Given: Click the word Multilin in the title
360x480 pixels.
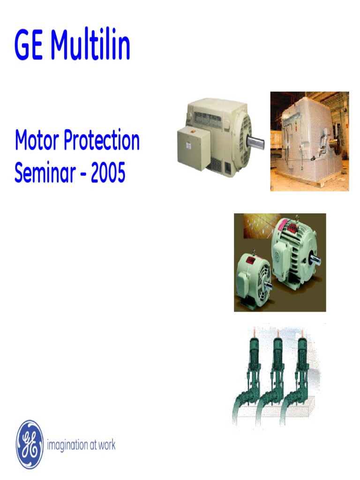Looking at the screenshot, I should pyautogui.click(x=90, y=45).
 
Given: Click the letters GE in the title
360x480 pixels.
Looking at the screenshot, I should pyautogui.click(x=30, y=45).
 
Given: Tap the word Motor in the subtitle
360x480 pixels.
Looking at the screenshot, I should pyautogui.click(x=36, y=140).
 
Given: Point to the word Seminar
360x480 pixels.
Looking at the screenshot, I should pyautogui.click(x=44, y=173).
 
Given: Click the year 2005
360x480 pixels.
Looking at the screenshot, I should pyautogui.click(x=108, y=173).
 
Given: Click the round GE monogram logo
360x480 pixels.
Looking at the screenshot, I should pyautogui.click(x=30, y=444).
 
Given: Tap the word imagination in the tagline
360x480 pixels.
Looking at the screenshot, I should pyautogui.click(x=68, y=445).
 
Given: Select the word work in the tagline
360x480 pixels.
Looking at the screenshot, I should pyautogui.click(x=106, y=445).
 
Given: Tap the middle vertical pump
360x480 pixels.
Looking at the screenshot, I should pyautogui.click(x=277, y=375).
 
